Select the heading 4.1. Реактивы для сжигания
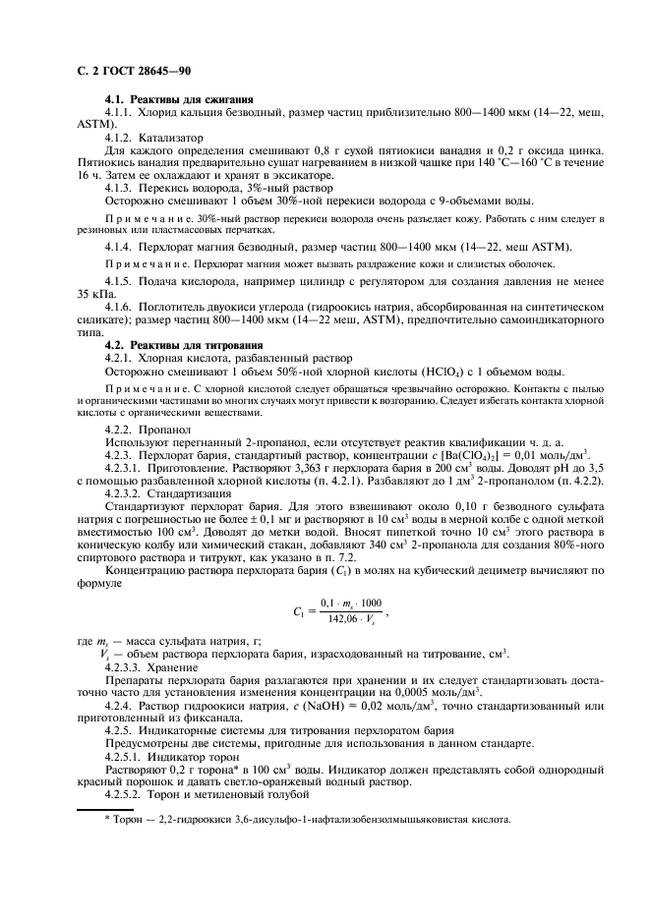coord(179,100)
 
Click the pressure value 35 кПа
coord(94,293)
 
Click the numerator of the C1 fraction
coord(351,602)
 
